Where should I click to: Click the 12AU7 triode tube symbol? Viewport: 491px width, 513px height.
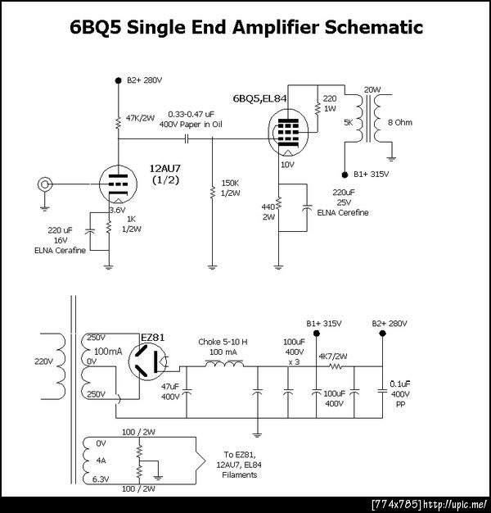click(x=118, y=184)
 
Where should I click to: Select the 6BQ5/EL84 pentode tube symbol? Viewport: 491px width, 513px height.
click(x=288, y=134)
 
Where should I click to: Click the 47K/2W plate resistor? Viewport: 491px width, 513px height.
click(x=119, y=123)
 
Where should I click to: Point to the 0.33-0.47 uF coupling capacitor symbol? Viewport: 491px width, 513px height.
click(x=187, y=139)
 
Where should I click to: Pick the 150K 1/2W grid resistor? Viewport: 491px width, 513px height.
click(x=213, y=192)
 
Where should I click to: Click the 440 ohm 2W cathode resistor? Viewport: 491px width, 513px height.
click(x=278, y=203)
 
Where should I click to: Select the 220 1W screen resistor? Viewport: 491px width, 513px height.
click(x=318, y=109)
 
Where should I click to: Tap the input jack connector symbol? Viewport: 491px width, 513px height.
click(x=44, y=184)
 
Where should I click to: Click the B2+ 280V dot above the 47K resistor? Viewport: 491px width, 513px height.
click(x=119, y=80)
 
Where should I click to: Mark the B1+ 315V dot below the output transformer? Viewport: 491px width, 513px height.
click(x=345, y=175)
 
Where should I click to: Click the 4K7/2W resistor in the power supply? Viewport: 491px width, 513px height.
click(x=336, y=367)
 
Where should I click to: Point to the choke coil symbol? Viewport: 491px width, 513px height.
click(x=224, y=364)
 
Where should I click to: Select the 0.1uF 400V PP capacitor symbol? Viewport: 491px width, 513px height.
click(x=382, y=391)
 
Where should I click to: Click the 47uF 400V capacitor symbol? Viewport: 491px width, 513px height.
click(x=187, y=391)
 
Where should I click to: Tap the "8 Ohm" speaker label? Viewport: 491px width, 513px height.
click(x=400, y=122)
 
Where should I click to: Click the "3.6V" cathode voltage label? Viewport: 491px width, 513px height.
click(x=117, y=210)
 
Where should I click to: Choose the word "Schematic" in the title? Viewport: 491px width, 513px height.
click(x=374, y=27)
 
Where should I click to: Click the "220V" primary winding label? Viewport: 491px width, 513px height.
click(x=43, y=361)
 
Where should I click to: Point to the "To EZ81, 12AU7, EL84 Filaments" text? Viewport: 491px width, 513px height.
click(x=240, y=465)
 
